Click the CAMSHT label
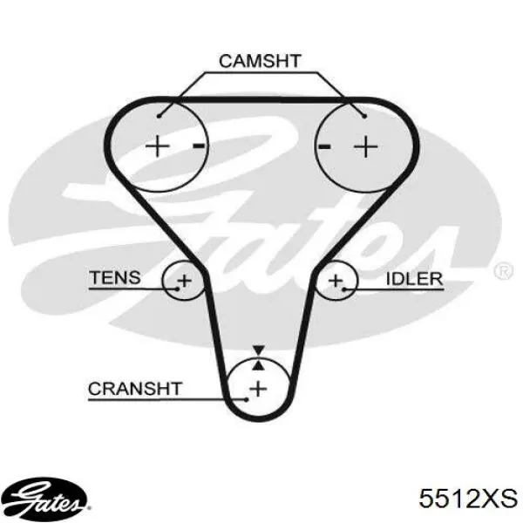point(260,61)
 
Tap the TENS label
point(115,277)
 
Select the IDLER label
point(414,279)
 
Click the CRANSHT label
point(135,389)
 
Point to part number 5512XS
point(468,499)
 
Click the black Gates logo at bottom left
point(44,499)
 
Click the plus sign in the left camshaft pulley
point(158,146)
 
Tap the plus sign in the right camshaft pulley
point(366,146)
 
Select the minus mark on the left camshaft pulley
point(199,146)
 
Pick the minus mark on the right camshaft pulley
point(324,146)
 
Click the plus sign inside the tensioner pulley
point(185,281)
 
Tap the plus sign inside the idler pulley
point(336,281)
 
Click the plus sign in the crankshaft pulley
point(258,389)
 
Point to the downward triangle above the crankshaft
point(259,350)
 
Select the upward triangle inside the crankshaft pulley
point(259,365)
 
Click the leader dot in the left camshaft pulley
point(160,116)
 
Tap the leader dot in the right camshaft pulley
point(364,116)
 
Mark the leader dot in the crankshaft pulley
point(247,399)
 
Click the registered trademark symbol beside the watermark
point(503,271)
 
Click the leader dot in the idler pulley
point(344,289)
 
